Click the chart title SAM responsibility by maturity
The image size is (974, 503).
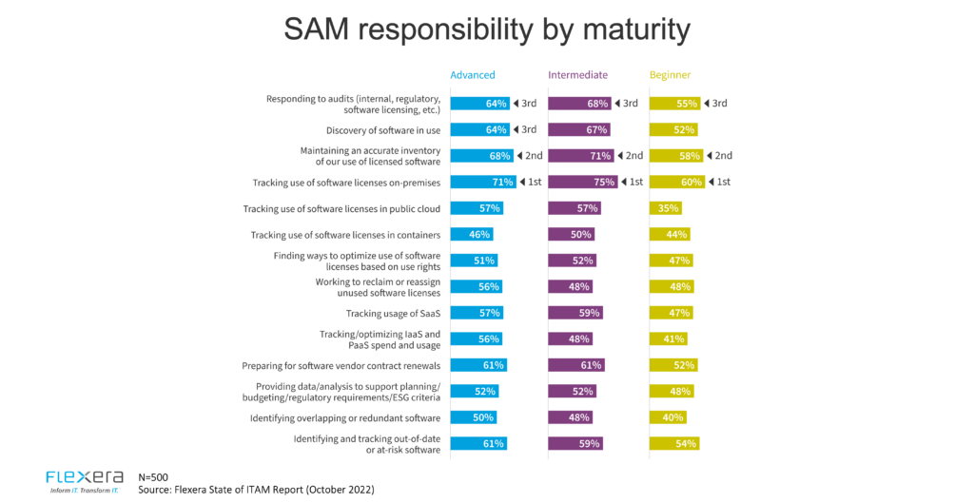point(486,29)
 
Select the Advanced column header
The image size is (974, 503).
point(473,75)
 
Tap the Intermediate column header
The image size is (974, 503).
point(577,75)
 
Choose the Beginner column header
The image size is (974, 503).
point(670,75)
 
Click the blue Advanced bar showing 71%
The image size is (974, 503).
point(483,182)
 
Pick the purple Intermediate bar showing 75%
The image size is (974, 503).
point(582,182)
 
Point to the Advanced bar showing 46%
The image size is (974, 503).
point(472,234)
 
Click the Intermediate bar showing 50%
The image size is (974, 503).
point(572,234)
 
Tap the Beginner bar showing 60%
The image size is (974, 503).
point(676,182)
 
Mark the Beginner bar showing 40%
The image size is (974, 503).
point(668,416)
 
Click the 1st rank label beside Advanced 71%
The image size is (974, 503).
point(531,182)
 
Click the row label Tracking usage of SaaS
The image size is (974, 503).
point(392,313)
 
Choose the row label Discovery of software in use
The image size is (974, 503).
point(383,130)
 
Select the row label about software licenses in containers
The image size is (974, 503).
point(345,235)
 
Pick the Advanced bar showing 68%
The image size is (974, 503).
point(481,156)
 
